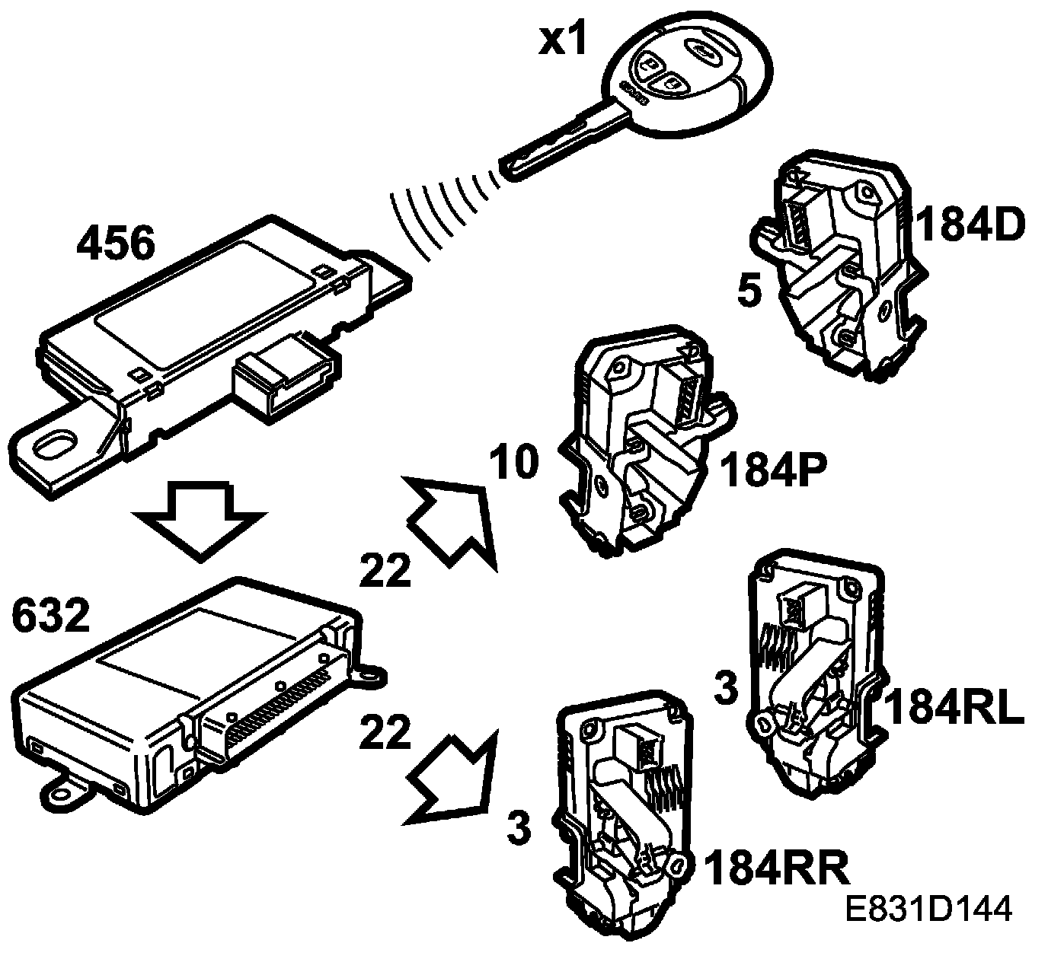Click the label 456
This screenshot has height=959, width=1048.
click(117, 246)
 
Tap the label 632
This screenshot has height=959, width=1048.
click(51, 617)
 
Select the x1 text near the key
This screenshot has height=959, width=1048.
click(564, 40)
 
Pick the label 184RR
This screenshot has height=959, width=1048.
click(776, 868)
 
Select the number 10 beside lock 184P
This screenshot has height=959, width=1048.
click(513, 463)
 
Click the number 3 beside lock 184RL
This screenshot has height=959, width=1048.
click(727, 689)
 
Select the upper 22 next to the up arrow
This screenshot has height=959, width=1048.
click(386, 570)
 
